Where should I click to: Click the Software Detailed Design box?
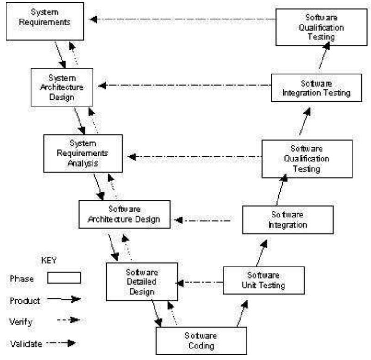click(x=142, y=281)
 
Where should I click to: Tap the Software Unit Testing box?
click(x=264, y=279)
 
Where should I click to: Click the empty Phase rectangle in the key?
click(x=64, y=277)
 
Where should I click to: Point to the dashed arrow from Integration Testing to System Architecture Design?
click(x=185, y=85)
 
